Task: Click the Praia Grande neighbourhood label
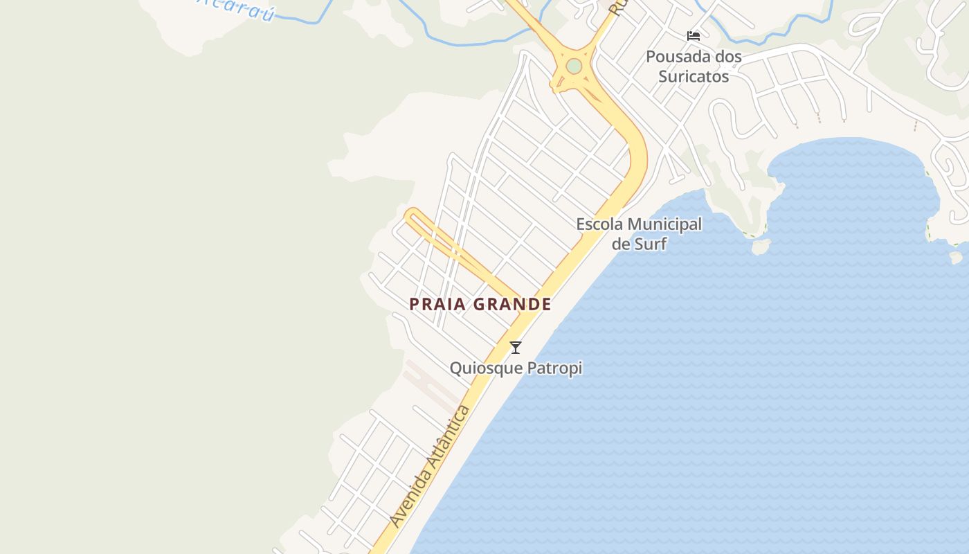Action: click(480, 304)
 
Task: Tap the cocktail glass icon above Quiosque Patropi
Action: click(516, 348)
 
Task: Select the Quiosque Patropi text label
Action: click(516, 368)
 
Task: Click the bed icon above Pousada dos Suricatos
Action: click(694, 36)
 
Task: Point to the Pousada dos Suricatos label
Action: click(694, 66)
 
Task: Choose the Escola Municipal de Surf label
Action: click(639, 233)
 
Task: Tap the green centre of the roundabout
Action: click(574, 66)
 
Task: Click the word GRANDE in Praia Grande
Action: click(513, 304)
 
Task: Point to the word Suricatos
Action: click(694, 76)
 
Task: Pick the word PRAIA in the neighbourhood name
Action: click(437, 304)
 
